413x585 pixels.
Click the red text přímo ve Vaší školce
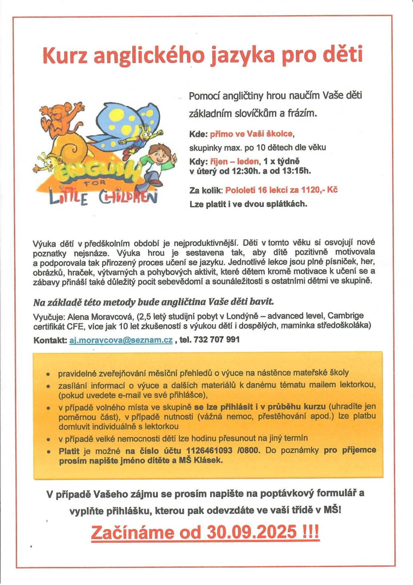[251, 134]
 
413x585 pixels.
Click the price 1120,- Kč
[319, 190]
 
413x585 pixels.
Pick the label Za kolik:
[206, 190]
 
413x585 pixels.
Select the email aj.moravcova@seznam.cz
[121, 340]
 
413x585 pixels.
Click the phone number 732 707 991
[217, 339]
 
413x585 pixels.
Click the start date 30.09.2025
[252, 532]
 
